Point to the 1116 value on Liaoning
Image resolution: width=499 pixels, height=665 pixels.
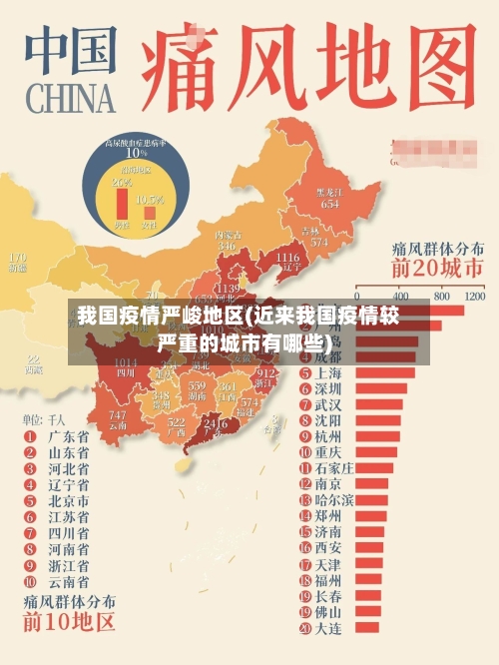(x=287, y=258)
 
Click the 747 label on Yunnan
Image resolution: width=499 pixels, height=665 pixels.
(x=118, y=413)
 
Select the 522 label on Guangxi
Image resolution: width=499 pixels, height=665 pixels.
(x=177, y=422)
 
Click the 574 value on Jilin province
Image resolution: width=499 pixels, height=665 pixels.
(x=319, y=242)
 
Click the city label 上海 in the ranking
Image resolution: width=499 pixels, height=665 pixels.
(x=328, y=373)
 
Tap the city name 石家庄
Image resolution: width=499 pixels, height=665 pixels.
(x=334, y=467)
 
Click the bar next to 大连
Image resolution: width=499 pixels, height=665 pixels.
(x=364, y=628)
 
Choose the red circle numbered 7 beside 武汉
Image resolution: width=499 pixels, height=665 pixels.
(x=305, y=405)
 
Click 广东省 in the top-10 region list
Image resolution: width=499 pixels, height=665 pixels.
(x=69, y=436)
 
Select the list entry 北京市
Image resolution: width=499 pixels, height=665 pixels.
(x=69, y=500)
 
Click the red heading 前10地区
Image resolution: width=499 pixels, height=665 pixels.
(x=70, y=625)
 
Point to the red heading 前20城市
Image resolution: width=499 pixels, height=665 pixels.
(x=436, y=269)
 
